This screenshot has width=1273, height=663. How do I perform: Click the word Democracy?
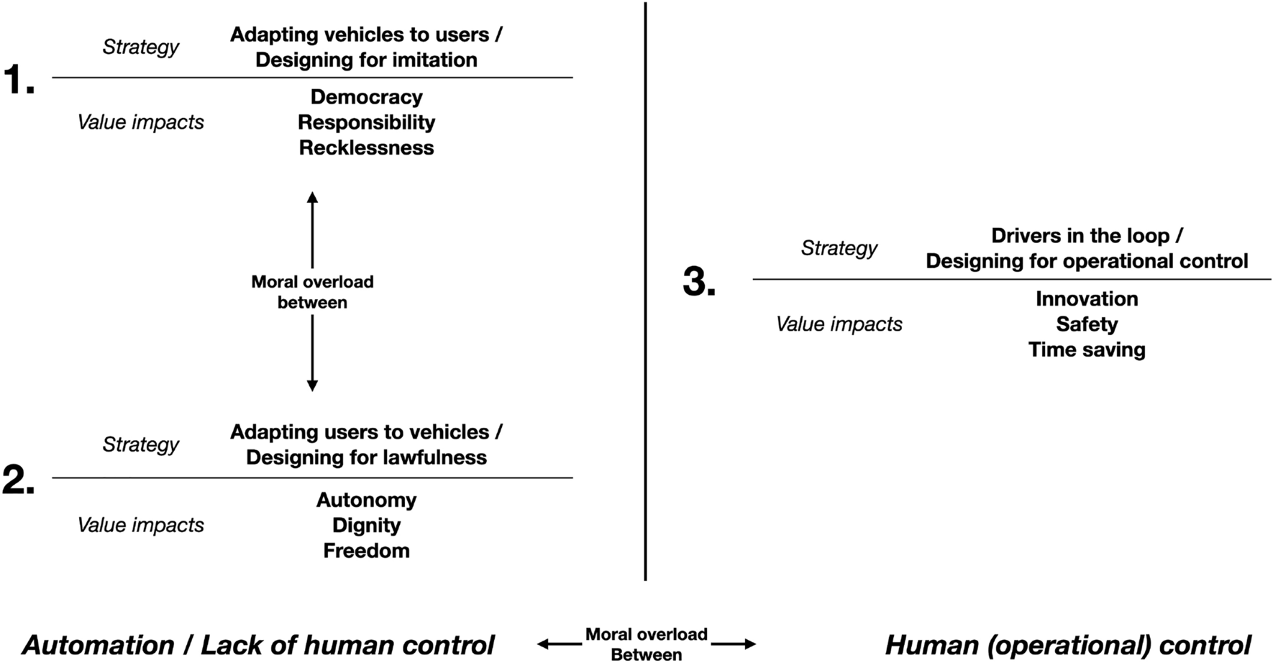coord(366,97)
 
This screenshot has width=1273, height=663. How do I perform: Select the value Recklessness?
coord(366,147)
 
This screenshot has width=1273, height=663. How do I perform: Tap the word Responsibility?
coord(366,122)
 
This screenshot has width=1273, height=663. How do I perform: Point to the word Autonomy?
coord(366,500)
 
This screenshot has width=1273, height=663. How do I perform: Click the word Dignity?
coord(366,525)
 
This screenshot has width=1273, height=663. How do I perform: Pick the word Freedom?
coord(366,551)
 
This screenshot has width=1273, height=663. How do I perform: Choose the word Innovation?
coord(1086,298)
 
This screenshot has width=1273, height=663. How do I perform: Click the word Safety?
coord(1086,324)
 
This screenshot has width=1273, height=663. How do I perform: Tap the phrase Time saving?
coord(1086,349)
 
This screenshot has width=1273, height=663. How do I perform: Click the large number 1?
coord(19,80)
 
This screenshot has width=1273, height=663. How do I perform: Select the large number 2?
coord(19,480)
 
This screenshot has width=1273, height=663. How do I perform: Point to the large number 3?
coord(698,281)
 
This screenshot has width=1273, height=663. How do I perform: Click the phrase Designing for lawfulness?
coord(366,457)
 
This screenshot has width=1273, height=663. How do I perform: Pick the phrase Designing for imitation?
coord(366,60)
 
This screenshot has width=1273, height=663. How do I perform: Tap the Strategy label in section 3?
coord(839,248)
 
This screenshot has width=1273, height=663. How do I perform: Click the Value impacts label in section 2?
coord(140,525)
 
